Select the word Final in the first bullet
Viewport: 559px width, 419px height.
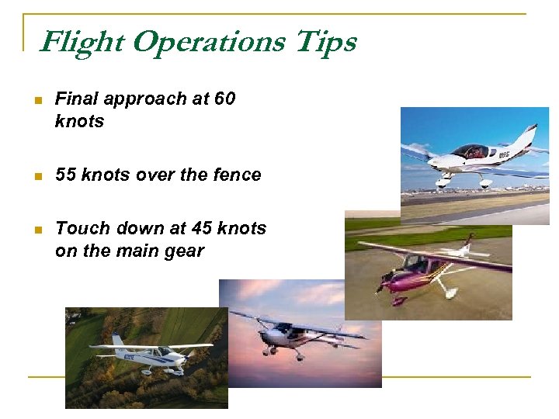click(x=77, y=99)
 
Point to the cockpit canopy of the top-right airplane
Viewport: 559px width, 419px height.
click(x=470, y=151)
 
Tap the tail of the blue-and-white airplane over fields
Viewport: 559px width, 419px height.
click(x=117, y=342)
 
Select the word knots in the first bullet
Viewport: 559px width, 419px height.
click(x=79, y=122)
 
